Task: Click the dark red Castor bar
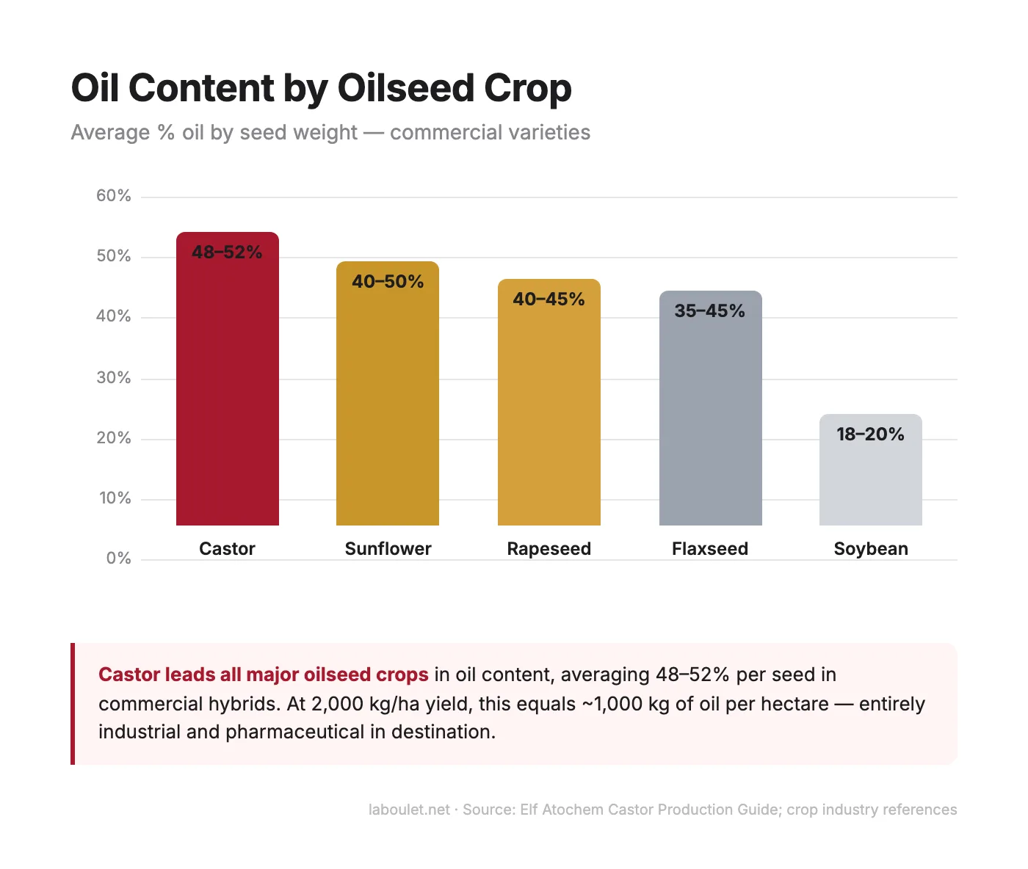227,389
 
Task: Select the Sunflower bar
388,404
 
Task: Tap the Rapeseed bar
549,411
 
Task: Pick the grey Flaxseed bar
710,418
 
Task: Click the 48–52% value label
227,252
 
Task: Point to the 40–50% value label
388,282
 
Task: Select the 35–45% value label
710,311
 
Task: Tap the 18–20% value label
870,434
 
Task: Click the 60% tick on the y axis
114,196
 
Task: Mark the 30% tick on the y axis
114,378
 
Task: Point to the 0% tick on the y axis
118,559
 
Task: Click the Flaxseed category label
710,549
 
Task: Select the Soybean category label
871,549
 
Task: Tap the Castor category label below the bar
227,549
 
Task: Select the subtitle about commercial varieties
330,133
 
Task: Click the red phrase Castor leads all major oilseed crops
263,675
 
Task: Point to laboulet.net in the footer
409,810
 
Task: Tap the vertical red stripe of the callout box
73,704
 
